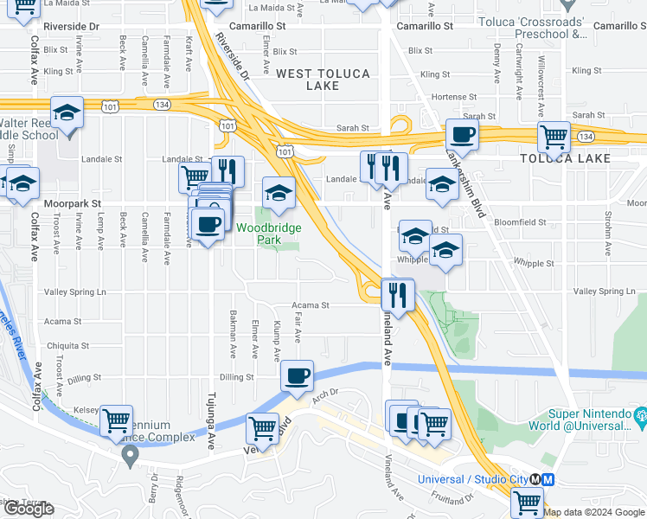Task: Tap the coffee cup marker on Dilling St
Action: click(x=297, y=376)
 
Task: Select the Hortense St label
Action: click(x=454, y=97)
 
